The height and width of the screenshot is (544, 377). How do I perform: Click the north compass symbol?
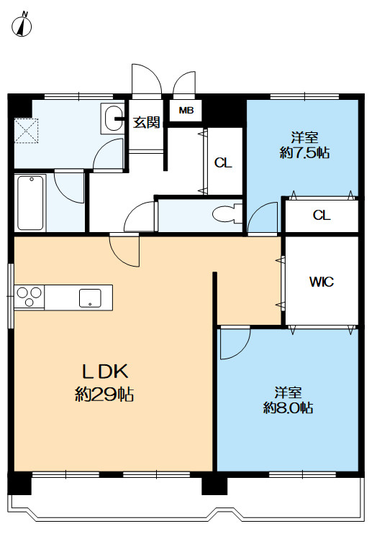coord(22,25)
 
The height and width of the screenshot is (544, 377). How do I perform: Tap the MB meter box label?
coord(186,111)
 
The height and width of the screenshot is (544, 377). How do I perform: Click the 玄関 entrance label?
coord(147,122)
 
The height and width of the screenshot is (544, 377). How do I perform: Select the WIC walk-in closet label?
coord(322,282)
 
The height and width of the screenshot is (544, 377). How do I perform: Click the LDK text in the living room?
coord(105,372)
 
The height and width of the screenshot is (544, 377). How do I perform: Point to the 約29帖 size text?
coord(104,394)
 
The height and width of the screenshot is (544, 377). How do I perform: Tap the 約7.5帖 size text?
coord(304,152)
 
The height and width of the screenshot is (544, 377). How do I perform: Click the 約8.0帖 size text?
coord(288,407)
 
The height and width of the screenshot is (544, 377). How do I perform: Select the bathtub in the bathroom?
coord(30,203)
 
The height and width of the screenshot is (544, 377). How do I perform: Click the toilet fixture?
coord(227,214)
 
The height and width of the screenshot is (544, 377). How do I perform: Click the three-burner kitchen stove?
coord(29,297)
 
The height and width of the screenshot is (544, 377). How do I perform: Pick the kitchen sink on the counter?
coord(90,298)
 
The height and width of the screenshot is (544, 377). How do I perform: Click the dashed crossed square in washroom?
coord(26,131)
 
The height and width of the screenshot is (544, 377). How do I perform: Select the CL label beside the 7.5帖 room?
coord(322,216)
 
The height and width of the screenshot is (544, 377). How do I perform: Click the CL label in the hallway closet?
coord(223,162)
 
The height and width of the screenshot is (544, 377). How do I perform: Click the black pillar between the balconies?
coord(214,484)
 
